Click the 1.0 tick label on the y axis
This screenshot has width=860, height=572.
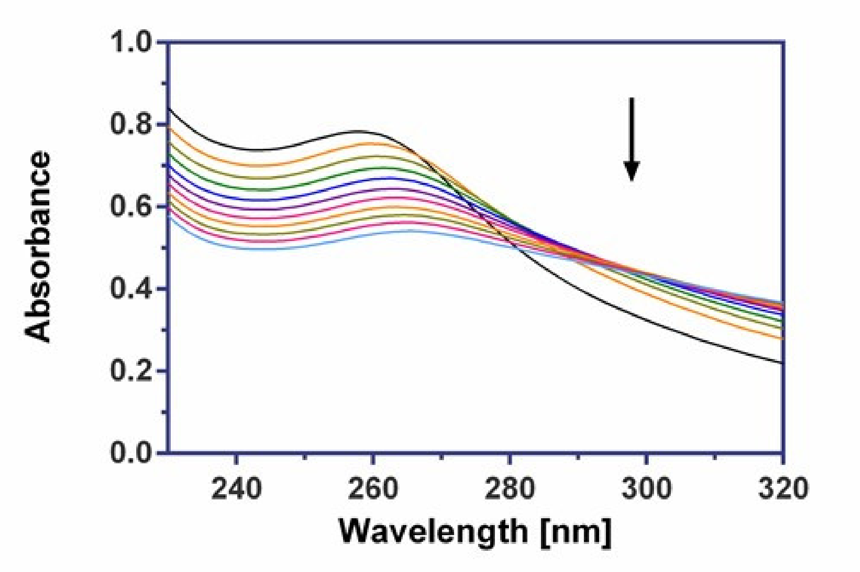(131, 42)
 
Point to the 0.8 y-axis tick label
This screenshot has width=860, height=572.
(131, 124)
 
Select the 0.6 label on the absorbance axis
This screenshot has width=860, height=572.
(131, 207)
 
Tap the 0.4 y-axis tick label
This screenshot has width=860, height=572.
(131, 289)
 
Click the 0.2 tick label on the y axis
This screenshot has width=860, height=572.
(131, 371)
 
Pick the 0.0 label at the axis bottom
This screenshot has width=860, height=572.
(131, 453)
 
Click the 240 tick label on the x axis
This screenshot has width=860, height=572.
(236, 489)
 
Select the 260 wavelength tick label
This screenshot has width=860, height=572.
(373, 489)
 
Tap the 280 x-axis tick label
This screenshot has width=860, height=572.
(510, 489)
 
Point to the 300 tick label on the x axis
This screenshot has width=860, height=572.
(646, 489)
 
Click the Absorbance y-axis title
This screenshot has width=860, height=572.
(38, 247)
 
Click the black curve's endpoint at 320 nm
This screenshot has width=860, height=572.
(782, 363)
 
